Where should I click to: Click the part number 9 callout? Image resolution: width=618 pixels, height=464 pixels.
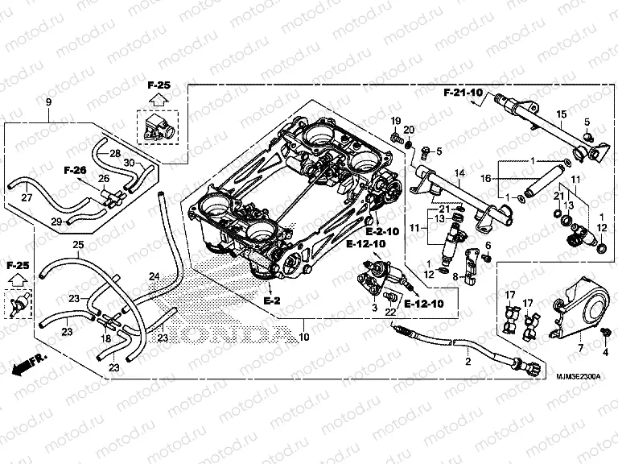[x=48, y=101]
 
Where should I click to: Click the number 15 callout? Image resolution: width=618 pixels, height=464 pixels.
[x=562, y=113]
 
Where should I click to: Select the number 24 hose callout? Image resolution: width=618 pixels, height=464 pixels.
[x=153, y=277]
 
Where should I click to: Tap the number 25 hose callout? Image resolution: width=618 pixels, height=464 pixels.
[x=77, y=244]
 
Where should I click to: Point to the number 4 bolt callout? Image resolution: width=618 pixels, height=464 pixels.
[x=605, y=352]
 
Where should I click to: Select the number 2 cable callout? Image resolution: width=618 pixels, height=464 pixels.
[x=468, y=362]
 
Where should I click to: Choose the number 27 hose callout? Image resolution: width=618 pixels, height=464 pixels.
[x=26, y=197]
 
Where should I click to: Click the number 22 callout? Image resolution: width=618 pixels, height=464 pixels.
[x=389, y=312]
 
